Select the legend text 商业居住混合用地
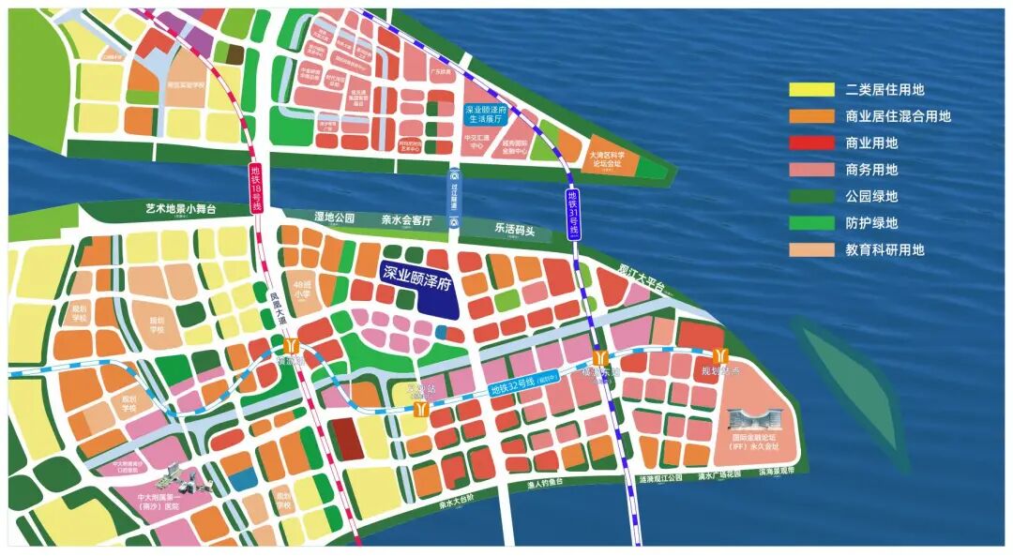click(898, 116)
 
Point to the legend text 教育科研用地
click(884, 250)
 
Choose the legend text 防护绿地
click(871, 223)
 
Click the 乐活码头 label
click(514, 229)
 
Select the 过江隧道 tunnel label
click(454, 199)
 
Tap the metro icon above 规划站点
click(720, 356)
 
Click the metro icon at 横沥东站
click(600, 359)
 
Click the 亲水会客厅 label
click(405, 220)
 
